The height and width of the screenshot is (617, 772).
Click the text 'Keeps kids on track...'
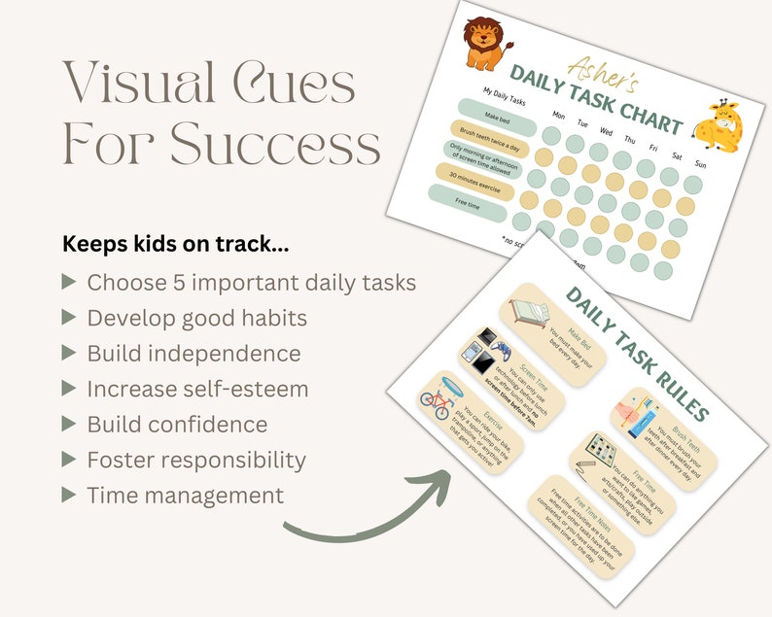pyautogui.click(x=176, y=244)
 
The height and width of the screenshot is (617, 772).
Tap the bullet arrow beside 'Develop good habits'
pyautogui.click(x=68, y=318)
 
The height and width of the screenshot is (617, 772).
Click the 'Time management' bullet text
pyautogui.click(x=185, y=495)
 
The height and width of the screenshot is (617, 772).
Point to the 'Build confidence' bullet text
pyautogui.click(x=177, y=424)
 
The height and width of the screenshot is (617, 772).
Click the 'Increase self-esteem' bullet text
pyautogui.click(x=197, y=389)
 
